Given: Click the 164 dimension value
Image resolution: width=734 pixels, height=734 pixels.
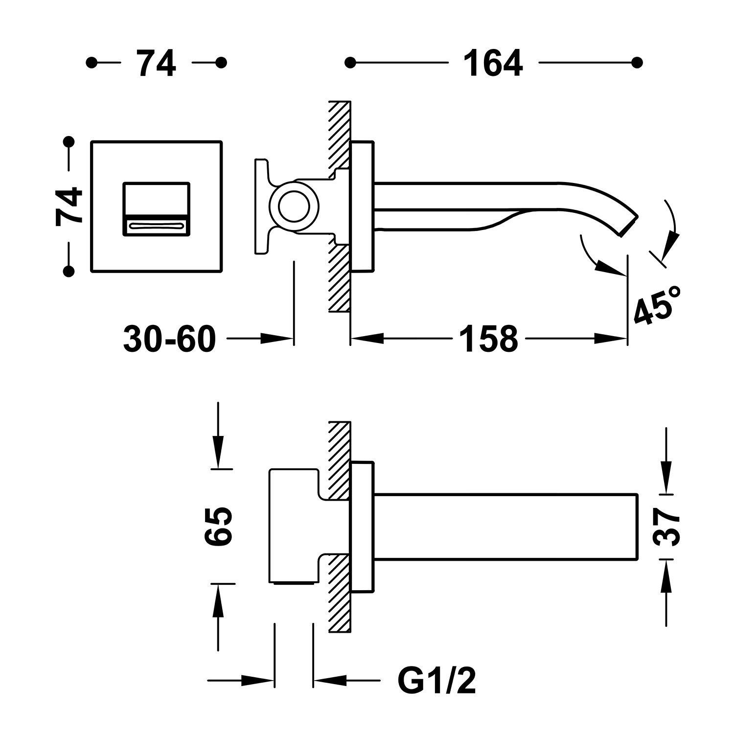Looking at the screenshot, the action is pos(493,63).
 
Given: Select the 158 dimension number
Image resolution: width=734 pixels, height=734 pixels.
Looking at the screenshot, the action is pos(489,338).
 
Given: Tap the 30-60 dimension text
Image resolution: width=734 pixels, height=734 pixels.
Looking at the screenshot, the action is pos(169,338).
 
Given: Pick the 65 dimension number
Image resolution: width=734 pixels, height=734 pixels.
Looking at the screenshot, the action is pos(218,526).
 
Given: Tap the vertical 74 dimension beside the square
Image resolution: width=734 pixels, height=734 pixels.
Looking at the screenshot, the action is pos(69,206).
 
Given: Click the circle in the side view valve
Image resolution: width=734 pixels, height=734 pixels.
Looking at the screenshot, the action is pos(294,206).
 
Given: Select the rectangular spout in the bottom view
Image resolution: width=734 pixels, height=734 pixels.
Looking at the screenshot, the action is pos(506,526).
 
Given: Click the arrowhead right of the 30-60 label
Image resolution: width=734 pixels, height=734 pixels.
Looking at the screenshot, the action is pos(276,338).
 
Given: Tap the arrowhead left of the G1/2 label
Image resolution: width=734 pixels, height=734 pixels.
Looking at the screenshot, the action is pos(329,680).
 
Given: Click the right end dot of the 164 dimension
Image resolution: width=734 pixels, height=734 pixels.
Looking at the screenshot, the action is pos(637,63).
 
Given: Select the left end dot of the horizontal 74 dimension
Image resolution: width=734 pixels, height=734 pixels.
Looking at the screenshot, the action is pos(91,63).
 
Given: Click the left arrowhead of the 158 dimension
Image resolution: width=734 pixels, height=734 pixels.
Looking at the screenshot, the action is pos(367,338).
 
